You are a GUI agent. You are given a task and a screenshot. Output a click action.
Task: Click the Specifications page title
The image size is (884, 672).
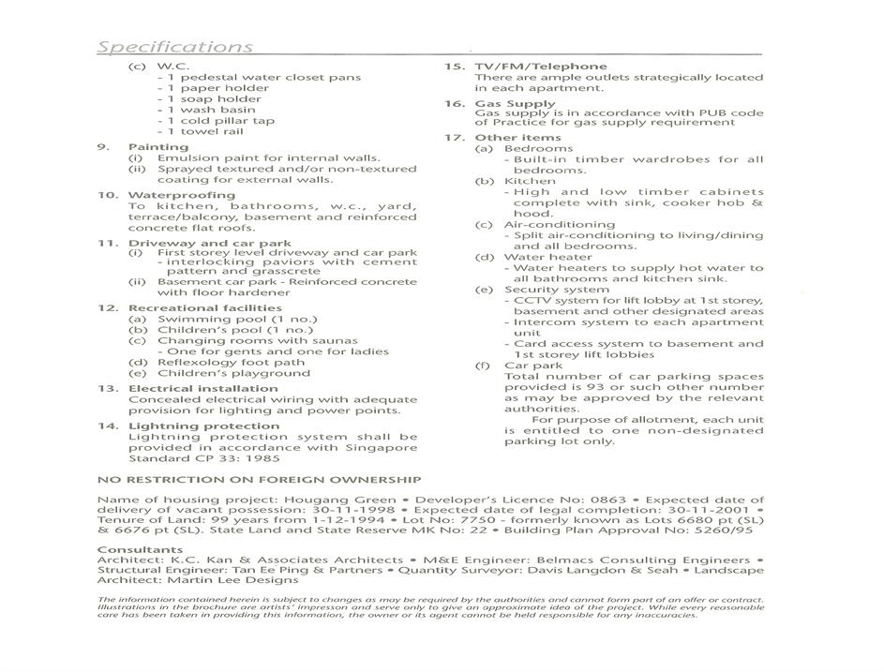pos(175,47)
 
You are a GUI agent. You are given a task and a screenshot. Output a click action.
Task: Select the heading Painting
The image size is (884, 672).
pos(158,147)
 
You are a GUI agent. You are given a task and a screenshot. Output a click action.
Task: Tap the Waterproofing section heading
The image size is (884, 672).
pos(182,195)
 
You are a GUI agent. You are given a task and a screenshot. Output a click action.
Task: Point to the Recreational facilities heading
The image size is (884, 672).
pos(204,308)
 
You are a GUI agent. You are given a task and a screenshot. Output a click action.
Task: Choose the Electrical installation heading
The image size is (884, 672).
pos(202,388)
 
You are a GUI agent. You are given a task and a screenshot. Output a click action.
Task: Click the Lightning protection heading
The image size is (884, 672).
pos(203,426)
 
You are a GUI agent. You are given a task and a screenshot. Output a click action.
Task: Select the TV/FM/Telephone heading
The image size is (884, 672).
pos(540,67)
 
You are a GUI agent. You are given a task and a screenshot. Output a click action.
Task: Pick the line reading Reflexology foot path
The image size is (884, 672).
pos(231,363)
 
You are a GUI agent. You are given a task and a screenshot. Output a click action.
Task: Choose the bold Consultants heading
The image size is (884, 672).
pos(140,549)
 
